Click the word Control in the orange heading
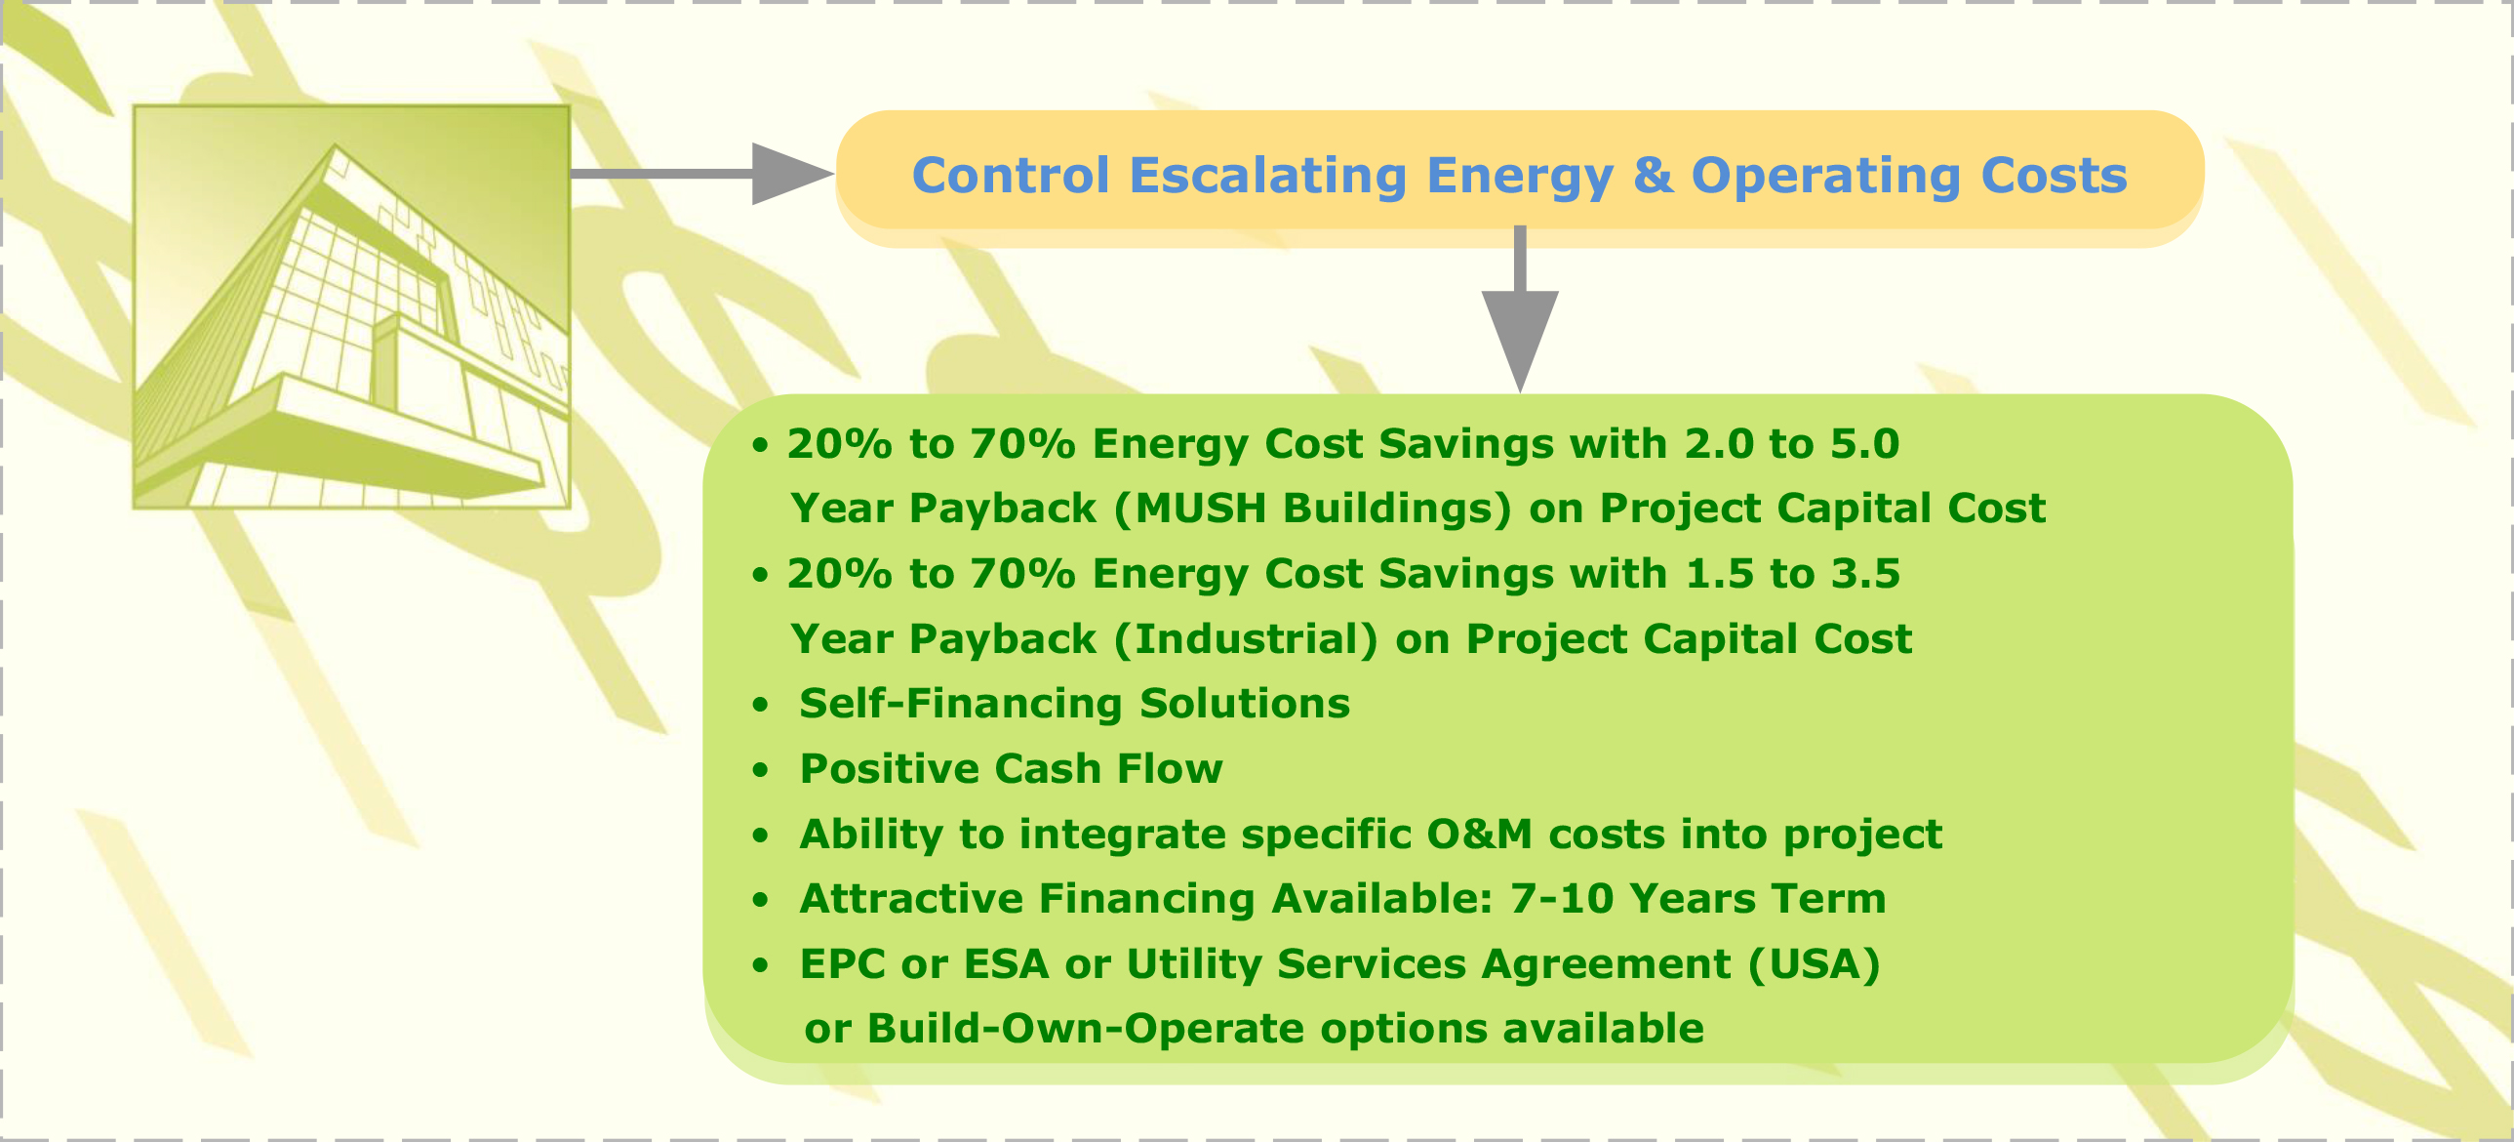tap(1011, 176)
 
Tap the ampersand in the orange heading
tap(1654, 176)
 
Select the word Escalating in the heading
tap(1268, 178)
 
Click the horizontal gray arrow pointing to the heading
tap(701, 174)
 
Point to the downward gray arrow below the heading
tap(1520, 309)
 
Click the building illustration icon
tap(351, 306)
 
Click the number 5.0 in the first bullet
tap(1864, 444)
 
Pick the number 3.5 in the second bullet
tap(1865, 574)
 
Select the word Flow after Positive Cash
tap(1169, 768)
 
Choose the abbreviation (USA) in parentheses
tap(1814, 964)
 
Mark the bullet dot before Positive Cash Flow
tap(760, 770)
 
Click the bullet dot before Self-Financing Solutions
tap(760, 705)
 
